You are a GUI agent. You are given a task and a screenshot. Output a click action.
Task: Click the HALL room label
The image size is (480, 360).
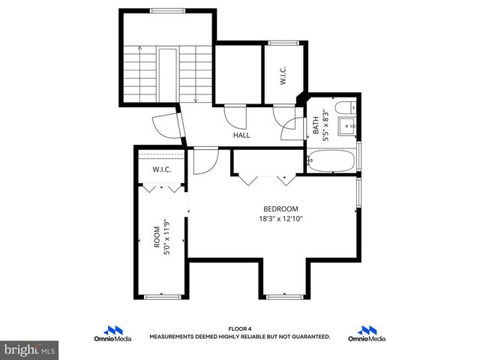[241, 135]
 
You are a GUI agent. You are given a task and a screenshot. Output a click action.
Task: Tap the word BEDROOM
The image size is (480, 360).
[280, 208]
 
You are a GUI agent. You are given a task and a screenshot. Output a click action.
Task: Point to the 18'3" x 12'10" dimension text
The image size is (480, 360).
[280, 219]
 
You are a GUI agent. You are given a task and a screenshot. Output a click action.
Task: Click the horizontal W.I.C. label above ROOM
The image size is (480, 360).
[162, 169]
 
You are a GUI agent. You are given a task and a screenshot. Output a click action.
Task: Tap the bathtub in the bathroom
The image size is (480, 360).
[332, 160]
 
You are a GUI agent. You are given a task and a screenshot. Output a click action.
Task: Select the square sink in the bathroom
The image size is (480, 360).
[347, 126]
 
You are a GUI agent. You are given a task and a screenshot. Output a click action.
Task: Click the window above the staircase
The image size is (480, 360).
[167, 10]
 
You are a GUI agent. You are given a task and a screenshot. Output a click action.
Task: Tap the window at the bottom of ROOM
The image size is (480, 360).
[162, 297]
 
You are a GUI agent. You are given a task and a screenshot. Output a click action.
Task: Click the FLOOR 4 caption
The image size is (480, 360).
[239, 328]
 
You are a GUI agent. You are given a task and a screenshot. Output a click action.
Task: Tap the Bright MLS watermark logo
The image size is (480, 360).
[30, 349]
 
